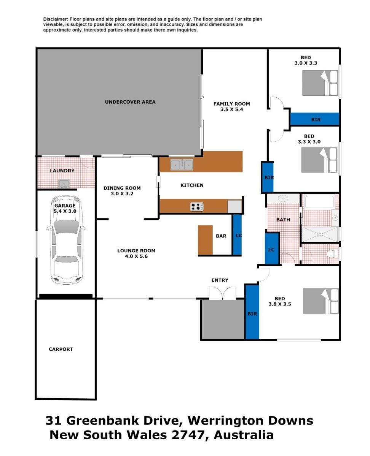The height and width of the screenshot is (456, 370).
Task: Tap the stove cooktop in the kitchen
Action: pos(197,207)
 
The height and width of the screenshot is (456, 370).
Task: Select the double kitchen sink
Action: pos(182,165)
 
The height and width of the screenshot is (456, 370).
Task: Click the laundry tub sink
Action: pos(64,184)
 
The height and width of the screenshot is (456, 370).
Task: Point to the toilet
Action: pos(333,254)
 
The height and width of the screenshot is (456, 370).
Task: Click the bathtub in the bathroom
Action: pos(319,201)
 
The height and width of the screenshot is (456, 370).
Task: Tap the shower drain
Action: pos(320,234)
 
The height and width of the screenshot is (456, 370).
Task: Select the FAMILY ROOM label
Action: pos(231,104)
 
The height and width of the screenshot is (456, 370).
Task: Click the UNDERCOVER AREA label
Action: pos(130,102)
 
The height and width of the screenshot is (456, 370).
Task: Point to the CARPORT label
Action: pos(61,349)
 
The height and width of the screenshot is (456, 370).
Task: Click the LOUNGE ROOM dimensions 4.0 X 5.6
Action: pos(136,256)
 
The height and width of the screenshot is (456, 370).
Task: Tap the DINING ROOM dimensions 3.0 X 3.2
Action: pos(122,194)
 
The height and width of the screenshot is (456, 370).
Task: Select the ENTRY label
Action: pos(220,280)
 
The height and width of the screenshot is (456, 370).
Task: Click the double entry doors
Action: pos(222,293)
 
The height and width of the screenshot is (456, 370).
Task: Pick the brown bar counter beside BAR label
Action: pos(205,240)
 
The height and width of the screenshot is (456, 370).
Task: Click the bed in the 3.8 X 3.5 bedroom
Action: pos(321,301)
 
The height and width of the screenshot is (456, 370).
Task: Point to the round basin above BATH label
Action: pos(283,198)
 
